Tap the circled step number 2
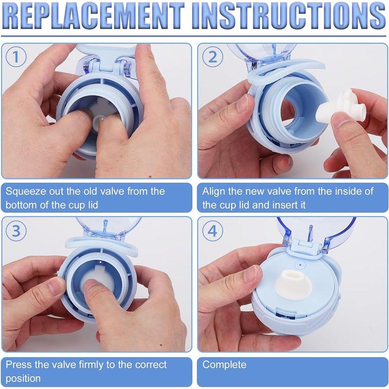pyautogui.click(x=213, y=57)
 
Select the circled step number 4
pyautogui.click(x=213, y=231)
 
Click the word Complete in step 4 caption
pyautogui.click(x=224, y=364)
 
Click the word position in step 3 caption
pyautogui.click(x=23, y=378)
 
